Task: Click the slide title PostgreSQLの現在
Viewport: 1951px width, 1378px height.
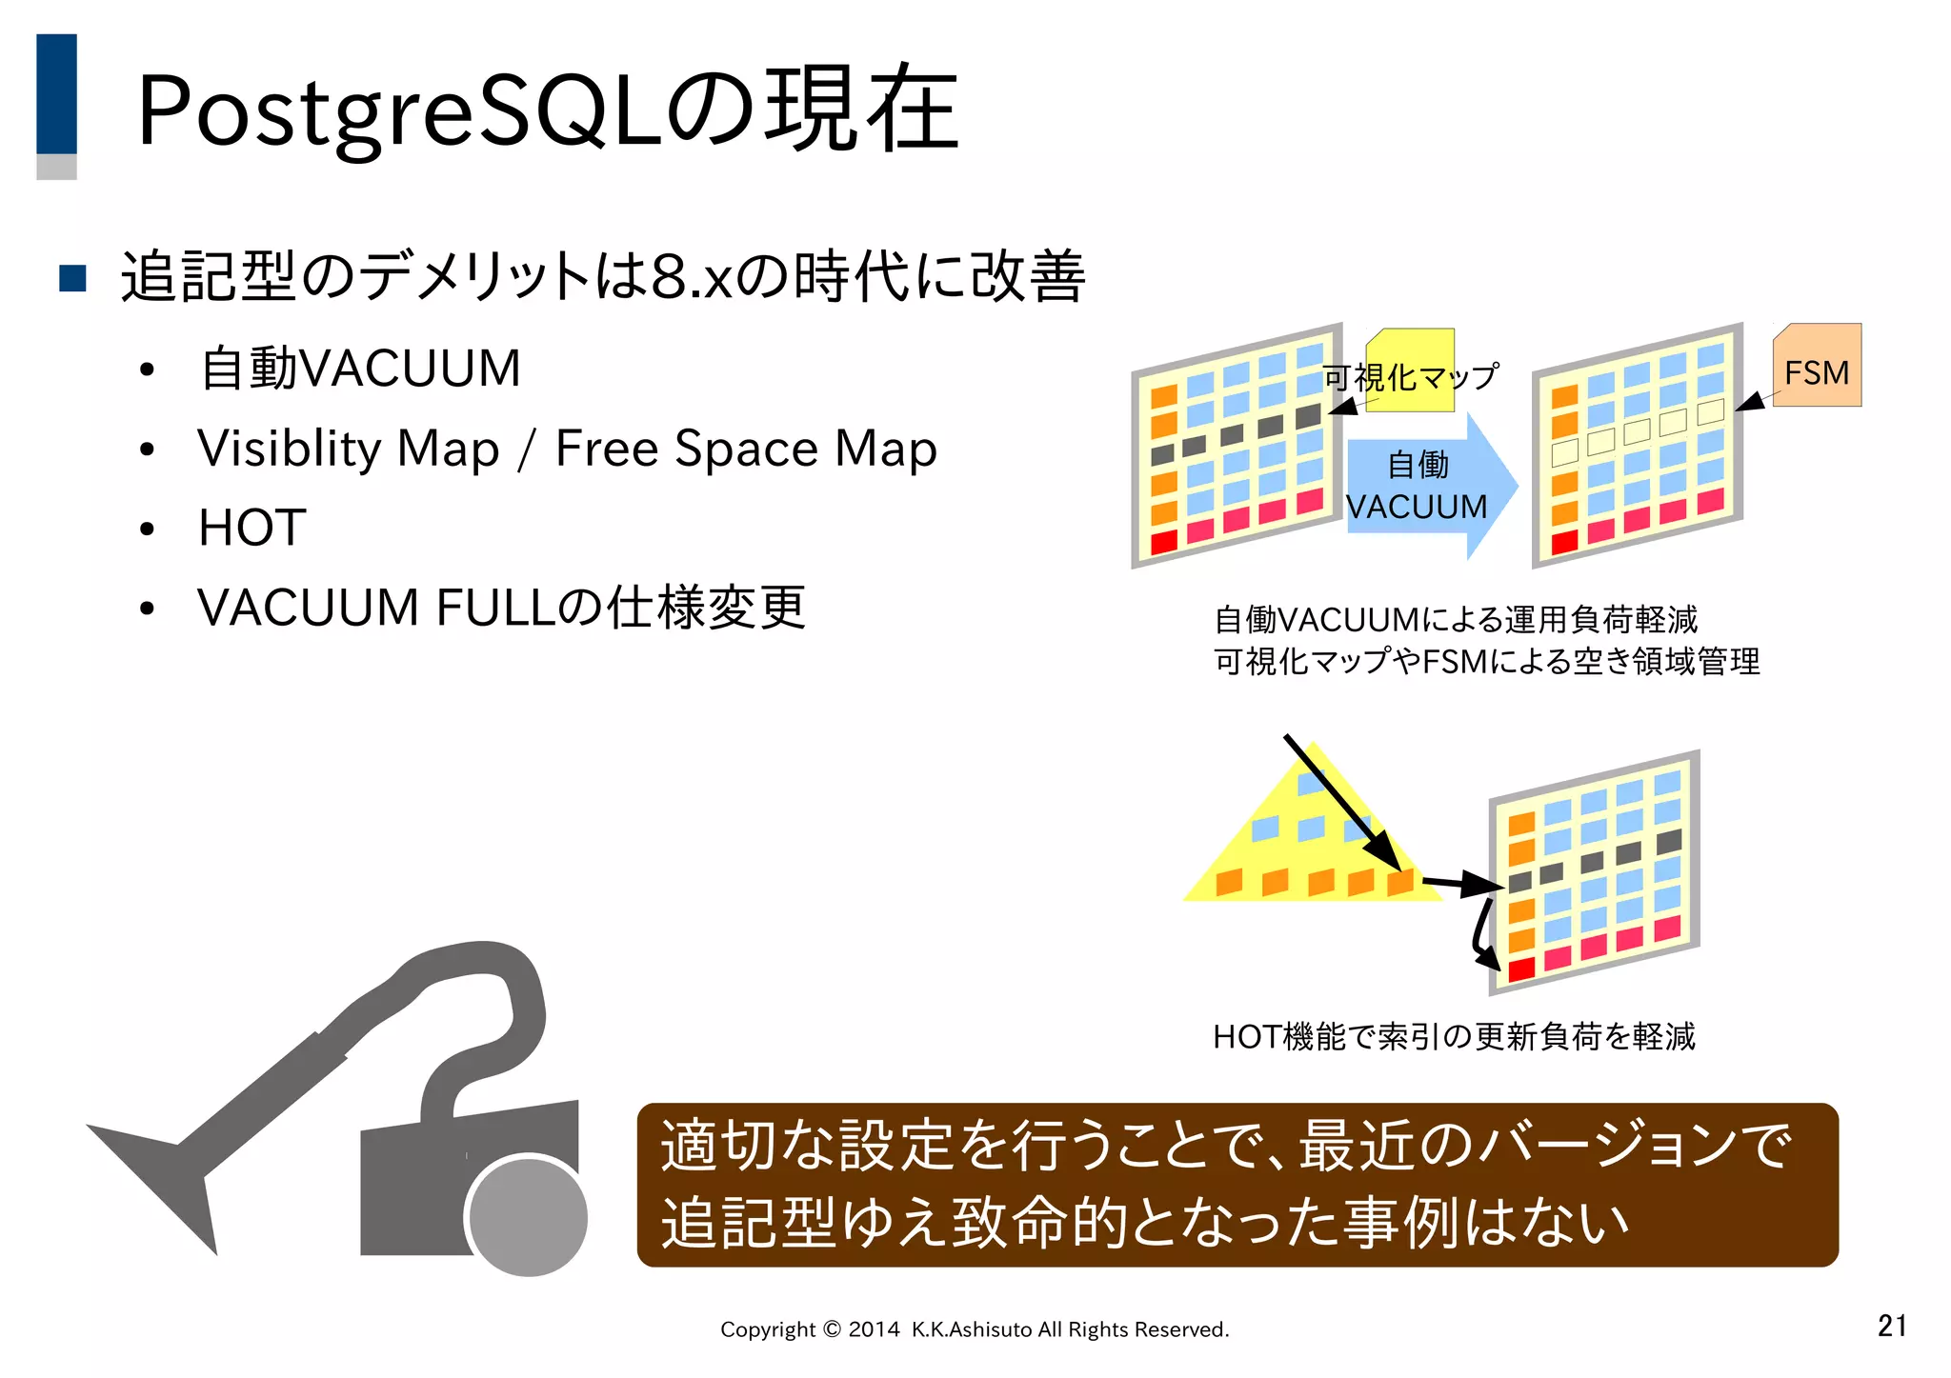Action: pos(548,110)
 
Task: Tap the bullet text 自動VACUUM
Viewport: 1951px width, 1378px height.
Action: pos(361,369)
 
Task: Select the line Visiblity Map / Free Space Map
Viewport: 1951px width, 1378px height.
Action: pos(567,449)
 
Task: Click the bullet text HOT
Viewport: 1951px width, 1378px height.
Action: pos(252,528)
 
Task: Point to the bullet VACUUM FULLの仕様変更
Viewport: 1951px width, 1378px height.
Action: pos(501,608)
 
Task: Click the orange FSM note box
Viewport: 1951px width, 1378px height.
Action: pos(1817,368)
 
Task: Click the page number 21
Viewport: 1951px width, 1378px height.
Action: pos(1892,1325)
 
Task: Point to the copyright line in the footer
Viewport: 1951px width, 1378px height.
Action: pos(975,1329)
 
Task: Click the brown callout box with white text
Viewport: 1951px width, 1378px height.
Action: pos(1237,1185)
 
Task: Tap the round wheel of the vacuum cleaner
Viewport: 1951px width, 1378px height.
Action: pos(529,1216)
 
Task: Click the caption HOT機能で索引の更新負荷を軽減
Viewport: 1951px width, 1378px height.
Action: pos(1454,1036)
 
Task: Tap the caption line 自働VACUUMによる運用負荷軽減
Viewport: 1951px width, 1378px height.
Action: pos(1456,620)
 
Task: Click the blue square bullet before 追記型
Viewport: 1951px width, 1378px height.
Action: pos(73,278)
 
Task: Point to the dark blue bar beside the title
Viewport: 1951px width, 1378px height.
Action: pos(56,93)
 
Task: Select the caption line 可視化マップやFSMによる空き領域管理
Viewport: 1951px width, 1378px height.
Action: pos(1486,661)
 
